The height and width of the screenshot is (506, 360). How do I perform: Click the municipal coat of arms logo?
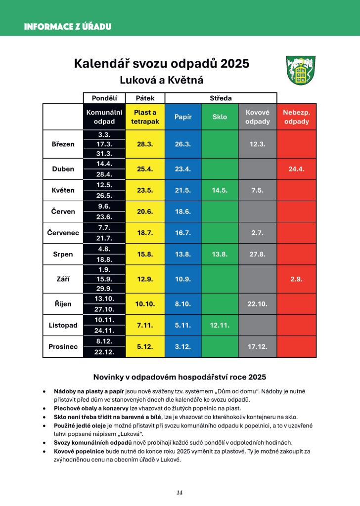point(301,70)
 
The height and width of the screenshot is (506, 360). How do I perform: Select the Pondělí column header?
point(104,98)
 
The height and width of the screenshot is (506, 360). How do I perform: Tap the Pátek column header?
point(145,98)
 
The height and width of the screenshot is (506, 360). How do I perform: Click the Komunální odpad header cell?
point(104,117)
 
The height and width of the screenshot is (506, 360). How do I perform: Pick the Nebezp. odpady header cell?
point(296,117)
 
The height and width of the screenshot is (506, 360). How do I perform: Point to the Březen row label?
point(63,144)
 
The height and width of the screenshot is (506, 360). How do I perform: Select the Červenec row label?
point(63,233)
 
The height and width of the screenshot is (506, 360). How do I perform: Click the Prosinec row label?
point(63,347)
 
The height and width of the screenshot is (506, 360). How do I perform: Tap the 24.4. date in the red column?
point(296,169)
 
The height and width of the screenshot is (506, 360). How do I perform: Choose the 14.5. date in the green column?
point(220,190)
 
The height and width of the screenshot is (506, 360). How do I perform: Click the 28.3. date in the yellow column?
point(145,144)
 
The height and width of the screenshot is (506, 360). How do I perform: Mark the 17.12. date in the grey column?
point(257,347)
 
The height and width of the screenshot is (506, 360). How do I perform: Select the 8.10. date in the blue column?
point(183,304)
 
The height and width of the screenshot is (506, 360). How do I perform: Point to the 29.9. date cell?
point(104,289)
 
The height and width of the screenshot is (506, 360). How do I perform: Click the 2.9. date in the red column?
point(296,279)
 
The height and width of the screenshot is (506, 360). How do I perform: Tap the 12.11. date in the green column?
point(220,326)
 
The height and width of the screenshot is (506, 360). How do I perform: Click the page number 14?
point(180,492)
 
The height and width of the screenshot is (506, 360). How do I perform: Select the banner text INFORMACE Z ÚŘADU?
point(68,27)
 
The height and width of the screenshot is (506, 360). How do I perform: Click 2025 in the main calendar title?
point(235,64)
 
